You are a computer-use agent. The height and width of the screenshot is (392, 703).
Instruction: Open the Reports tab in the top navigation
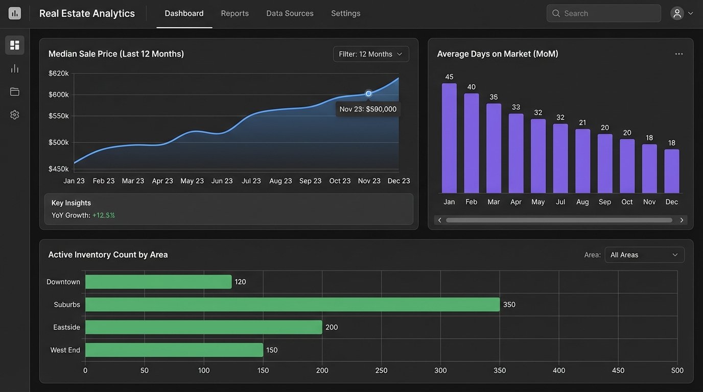tap(235, 13)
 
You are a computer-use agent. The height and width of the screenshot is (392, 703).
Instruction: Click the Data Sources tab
tap(290, 13)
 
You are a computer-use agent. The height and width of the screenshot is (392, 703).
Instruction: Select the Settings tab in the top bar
tap(345, 13)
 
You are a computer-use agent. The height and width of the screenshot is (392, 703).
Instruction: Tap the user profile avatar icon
tap(677, 13)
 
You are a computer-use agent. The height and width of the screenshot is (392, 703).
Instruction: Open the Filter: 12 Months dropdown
tap(371, 54)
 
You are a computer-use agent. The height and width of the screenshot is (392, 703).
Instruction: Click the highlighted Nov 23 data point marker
tap(368, 93)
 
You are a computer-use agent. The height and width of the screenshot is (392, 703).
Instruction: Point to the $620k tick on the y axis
tap(59, 73)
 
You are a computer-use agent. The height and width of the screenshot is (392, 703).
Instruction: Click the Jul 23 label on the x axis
tap(251, 181)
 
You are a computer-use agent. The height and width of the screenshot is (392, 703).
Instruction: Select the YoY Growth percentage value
tap(103, 215)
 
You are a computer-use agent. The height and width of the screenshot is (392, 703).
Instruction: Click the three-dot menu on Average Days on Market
tap(678, 54)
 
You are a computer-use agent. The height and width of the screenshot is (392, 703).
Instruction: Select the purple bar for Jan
tap(449, 138)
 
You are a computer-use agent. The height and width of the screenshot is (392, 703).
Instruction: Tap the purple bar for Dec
tap(671, 171)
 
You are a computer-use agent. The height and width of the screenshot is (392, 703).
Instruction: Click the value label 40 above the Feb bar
tap(471, 87)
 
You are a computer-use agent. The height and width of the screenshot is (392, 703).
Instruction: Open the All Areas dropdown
tap(644, 255)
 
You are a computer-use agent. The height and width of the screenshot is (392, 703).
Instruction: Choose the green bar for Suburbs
tap(292, 304)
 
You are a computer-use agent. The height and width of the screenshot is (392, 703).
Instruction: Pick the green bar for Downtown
tap(158, 282)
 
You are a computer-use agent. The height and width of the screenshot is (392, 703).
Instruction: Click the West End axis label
tap(65, 350)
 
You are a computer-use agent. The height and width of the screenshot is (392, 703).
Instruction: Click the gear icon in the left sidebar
tap(14, 115)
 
